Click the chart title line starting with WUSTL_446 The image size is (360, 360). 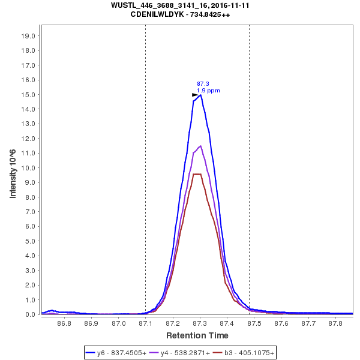pos(180,5)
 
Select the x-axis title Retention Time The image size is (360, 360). pos(197,335)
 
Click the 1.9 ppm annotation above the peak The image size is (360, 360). pos(208,91)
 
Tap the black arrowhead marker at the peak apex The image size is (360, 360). pos(194,94)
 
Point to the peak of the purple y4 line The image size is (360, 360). pos(200,146)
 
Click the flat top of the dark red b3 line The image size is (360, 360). pos(197,174)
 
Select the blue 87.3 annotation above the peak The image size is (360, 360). pos(203,84)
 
